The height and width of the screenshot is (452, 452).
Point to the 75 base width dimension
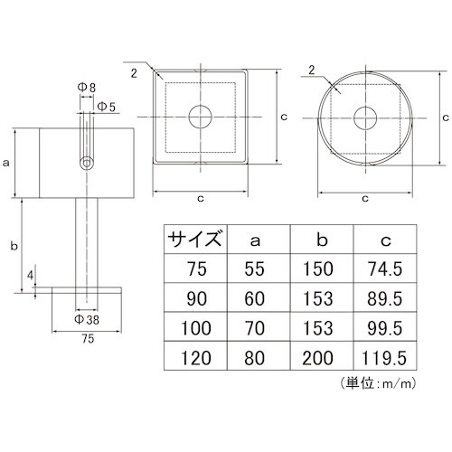point(87,340)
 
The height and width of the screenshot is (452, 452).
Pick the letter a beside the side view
point(7,163)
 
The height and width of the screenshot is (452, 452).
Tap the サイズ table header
point(193,240)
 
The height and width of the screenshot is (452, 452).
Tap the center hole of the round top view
point(365,118)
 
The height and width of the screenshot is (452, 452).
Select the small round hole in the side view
point(87,164)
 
